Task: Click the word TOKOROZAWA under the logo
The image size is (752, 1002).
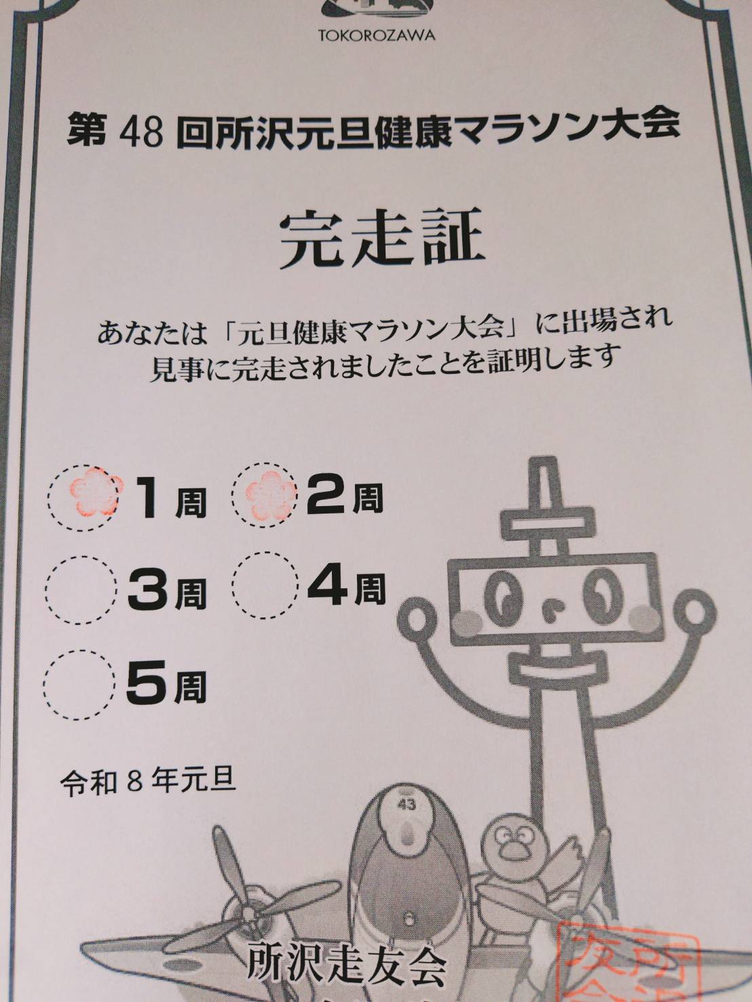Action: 377,35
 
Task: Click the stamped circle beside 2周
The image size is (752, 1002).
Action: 265,497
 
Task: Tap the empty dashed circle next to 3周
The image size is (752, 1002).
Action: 81,590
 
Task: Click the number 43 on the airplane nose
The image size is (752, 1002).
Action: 407,817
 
